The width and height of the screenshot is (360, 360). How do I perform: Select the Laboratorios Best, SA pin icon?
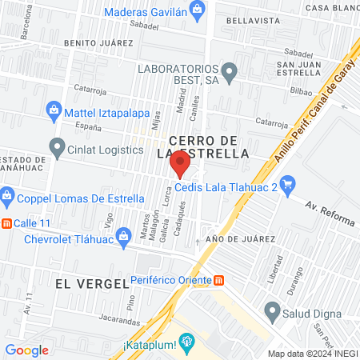pos(230,74)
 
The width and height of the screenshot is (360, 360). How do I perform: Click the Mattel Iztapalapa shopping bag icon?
pos(53,109)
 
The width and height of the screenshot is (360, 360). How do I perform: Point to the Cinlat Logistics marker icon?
pos(56,148)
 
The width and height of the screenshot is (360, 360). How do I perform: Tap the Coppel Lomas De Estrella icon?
pos(7,195)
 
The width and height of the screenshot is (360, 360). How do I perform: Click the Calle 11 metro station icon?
pos(7,222)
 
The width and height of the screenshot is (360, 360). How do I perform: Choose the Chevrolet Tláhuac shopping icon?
pos(124,236)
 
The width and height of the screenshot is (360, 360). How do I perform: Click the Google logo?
pos(26,350)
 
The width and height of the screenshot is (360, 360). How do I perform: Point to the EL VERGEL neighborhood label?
pos(92,283)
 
